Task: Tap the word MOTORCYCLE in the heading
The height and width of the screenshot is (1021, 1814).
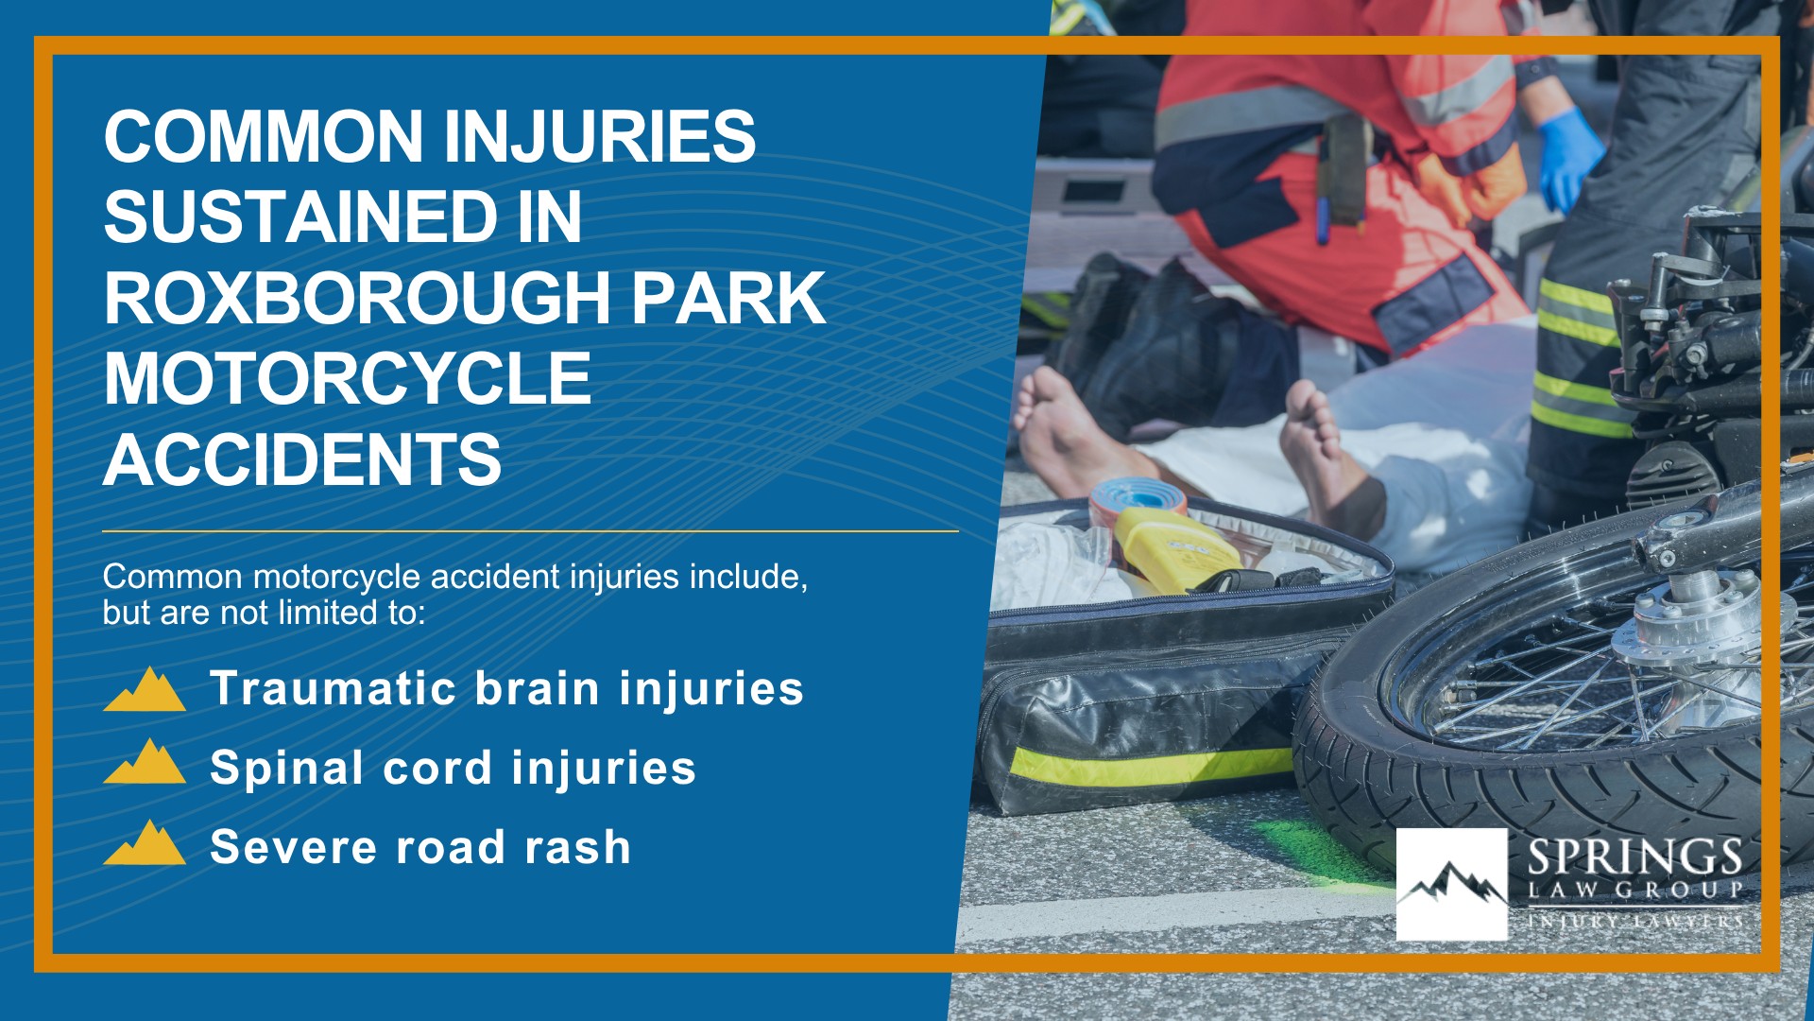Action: [348, 379]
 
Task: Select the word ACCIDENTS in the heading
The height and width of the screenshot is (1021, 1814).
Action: [302, 459]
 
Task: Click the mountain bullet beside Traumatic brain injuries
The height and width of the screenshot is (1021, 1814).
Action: [145, 689]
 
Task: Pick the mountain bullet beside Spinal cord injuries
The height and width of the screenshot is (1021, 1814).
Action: [145, 762]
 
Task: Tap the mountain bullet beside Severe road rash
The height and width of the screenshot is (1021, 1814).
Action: [145, 842]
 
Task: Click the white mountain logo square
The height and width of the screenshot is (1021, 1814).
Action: [1451, 885]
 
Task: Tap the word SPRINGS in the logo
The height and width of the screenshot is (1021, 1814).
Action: [1634, 857]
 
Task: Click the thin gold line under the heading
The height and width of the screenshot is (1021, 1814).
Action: [530, 531]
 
